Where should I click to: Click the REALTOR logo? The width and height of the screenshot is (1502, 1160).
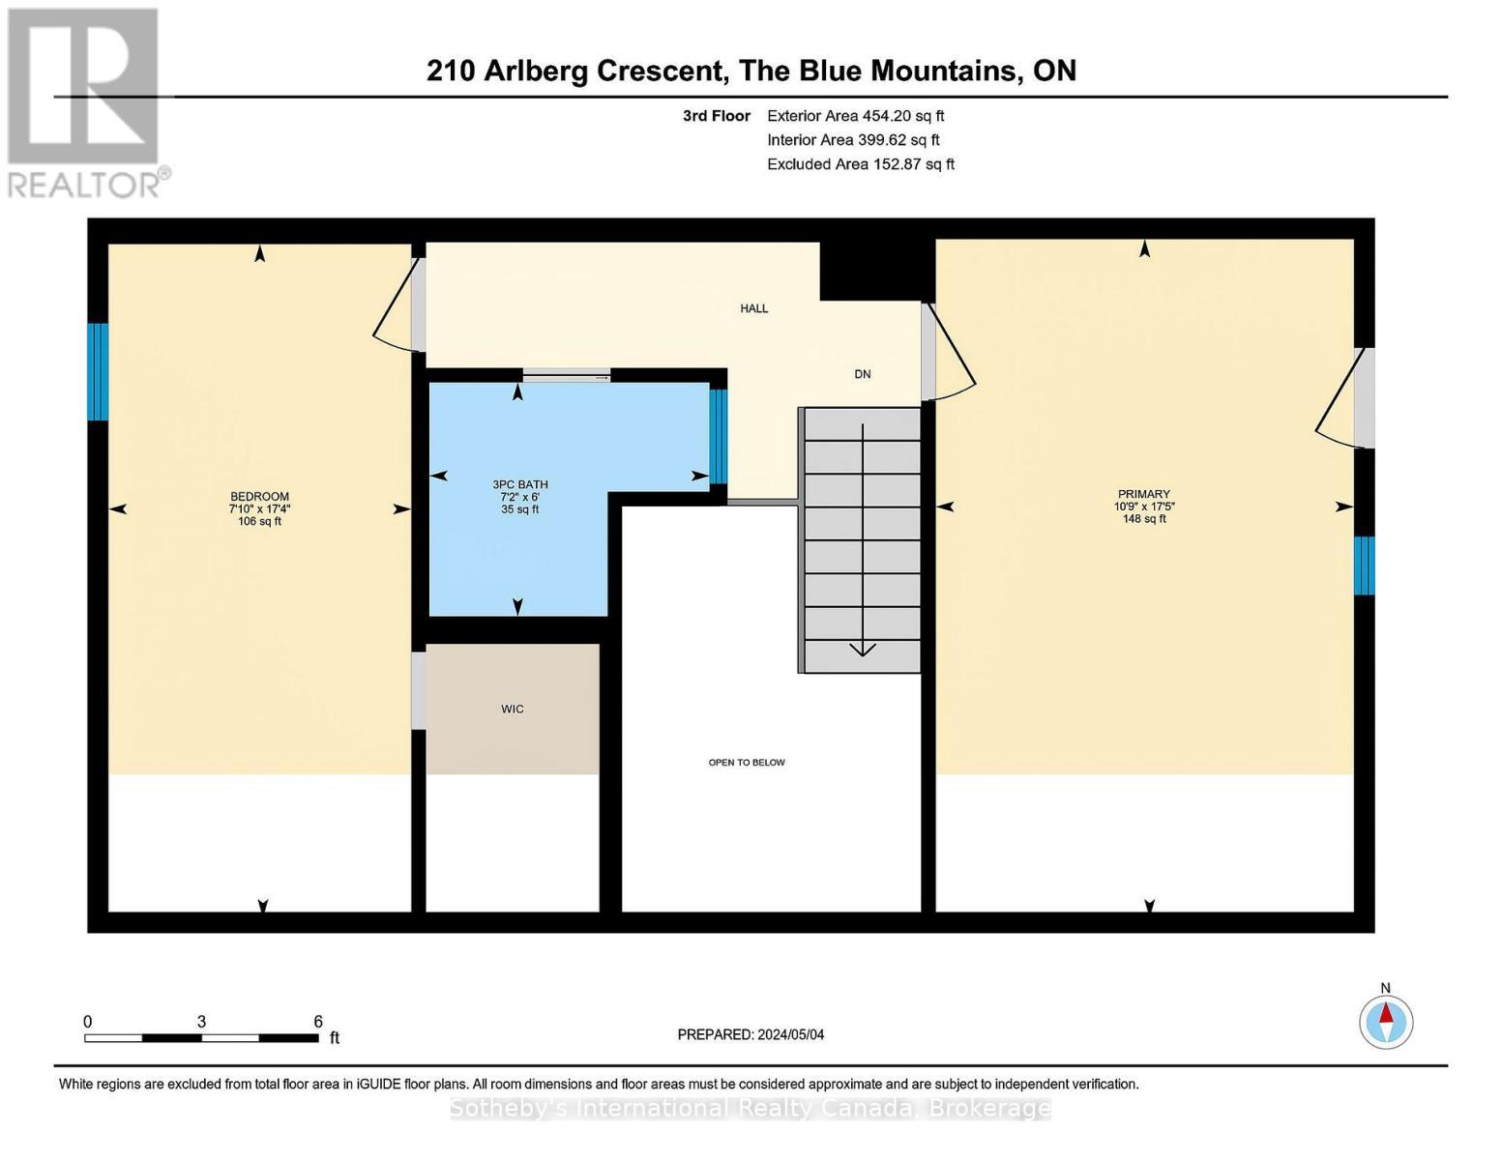click(85, 102)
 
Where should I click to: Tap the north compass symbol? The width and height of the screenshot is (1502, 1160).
click(1385, 1022)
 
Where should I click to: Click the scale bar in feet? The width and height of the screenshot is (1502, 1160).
click(201, 1037)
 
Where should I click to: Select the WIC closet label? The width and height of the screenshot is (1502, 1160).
click(512, 709)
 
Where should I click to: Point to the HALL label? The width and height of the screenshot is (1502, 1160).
click(753, 308)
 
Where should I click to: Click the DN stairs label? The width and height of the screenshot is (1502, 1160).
click(862, 374)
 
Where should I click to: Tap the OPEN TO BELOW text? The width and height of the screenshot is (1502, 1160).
click(747, 763)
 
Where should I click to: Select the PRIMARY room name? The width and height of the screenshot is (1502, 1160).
click(1143, 494)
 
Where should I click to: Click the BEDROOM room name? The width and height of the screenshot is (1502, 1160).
click(259, 497)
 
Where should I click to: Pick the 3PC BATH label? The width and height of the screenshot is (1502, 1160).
click(519, 484)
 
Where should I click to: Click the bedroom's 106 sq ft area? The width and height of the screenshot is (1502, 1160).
click(259, 522)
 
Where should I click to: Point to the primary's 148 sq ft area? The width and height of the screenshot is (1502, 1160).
click(1143, 519)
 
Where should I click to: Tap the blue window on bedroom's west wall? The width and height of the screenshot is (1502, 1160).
click(98, 372)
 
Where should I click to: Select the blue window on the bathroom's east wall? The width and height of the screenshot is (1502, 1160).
click(718, 436)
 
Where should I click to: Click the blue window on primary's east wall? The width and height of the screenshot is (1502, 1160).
click(1364, 565)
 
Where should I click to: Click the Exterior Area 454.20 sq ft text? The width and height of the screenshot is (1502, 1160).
click(855, 116)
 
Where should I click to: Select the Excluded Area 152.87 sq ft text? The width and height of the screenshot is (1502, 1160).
click(860, 164)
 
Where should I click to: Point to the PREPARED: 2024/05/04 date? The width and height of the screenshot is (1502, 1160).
click(751, 1034)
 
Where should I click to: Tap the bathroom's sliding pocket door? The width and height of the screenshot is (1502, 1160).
click(567, 376)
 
